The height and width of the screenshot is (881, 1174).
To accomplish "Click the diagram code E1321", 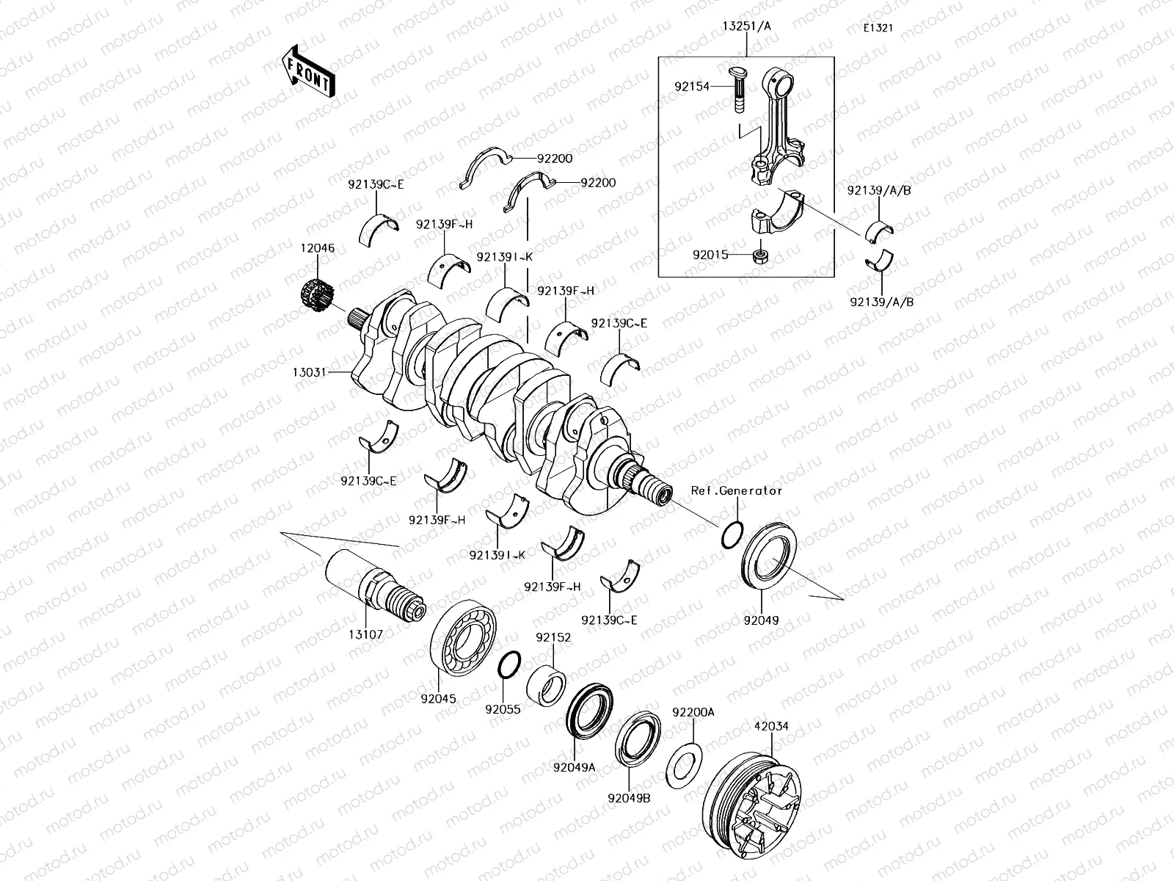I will [x=878, y=29].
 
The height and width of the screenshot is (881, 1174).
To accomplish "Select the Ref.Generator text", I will [x=736, y=490].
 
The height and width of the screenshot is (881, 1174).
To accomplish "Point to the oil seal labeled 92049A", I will [x=591, y=709].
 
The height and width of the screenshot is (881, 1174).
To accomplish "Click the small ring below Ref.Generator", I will [x=732, y=534].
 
